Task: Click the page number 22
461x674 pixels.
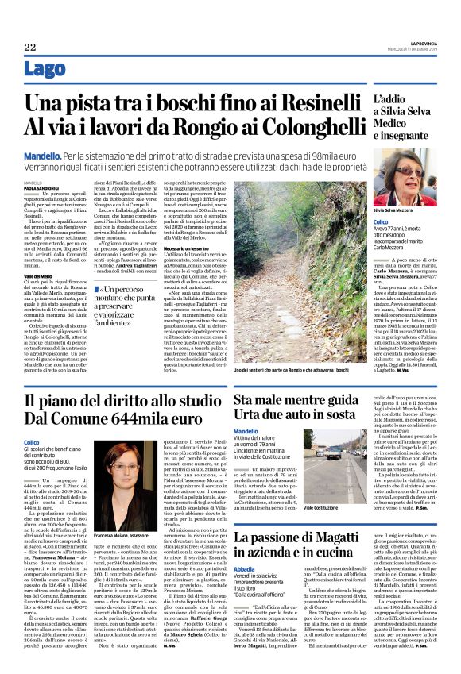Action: pos(29,48)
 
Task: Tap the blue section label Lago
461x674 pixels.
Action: pos(67,70)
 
